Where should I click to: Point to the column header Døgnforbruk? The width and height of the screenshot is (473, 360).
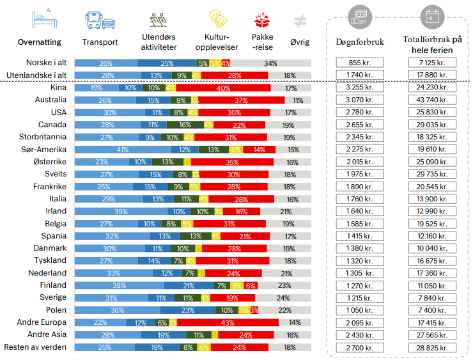tap(359, 42)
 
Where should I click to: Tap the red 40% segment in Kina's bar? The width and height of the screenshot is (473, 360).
tap(223, 88)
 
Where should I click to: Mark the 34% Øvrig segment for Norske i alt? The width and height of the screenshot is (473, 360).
tap(271, 63)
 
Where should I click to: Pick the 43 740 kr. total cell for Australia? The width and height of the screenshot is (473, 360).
tap(432, 100)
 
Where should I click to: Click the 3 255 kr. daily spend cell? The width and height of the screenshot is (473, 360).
tap(360, 88)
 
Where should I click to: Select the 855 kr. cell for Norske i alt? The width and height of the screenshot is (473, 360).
tap(360, 63)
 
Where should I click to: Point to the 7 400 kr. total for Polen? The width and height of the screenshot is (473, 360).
tap(432, 310)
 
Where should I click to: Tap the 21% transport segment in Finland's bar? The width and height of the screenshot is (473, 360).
tap(189, 285)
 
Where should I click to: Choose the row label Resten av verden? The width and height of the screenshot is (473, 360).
tap(36, 347)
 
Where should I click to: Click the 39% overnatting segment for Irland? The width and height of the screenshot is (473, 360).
tap(121, 211)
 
